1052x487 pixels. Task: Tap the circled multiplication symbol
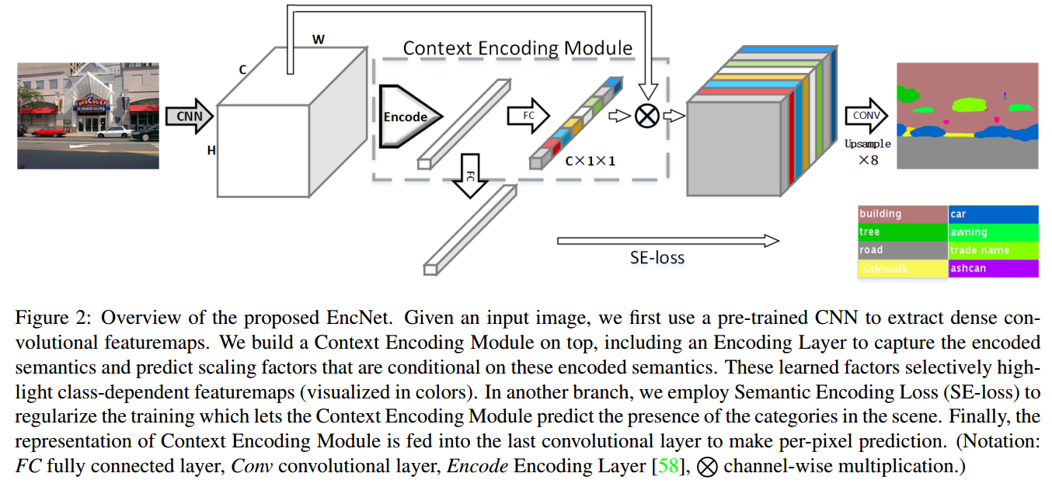[x=646, y=117]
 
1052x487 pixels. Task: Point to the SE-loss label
[x=657, y=257]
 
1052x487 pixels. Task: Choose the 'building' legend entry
[x=902, y=214]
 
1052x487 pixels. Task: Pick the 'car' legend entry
[x=993, y=214]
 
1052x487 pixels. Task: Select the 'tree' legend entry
[x=902, y=232]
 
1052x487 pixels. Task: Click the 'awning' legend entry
[x=993, y=232]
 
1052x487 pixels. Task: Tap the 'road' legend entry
[x=902, y=250]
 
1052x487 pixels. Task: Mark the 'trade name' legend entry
[x=993, y=250]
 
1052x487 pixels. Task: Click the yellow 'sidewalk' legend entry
[x=902, y=269]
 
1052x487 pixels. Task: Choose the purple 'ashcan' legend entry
[x=993, y=269]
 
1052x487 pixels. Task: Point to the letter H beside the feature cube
[x=211, y=151]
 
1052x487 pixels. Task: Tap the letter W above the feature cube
[x=318, y=38]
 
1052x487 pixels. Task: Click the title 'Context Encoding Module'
[x=517, y=48]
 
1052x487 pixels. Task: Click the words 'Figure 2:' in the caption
[x=52, y=318]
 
